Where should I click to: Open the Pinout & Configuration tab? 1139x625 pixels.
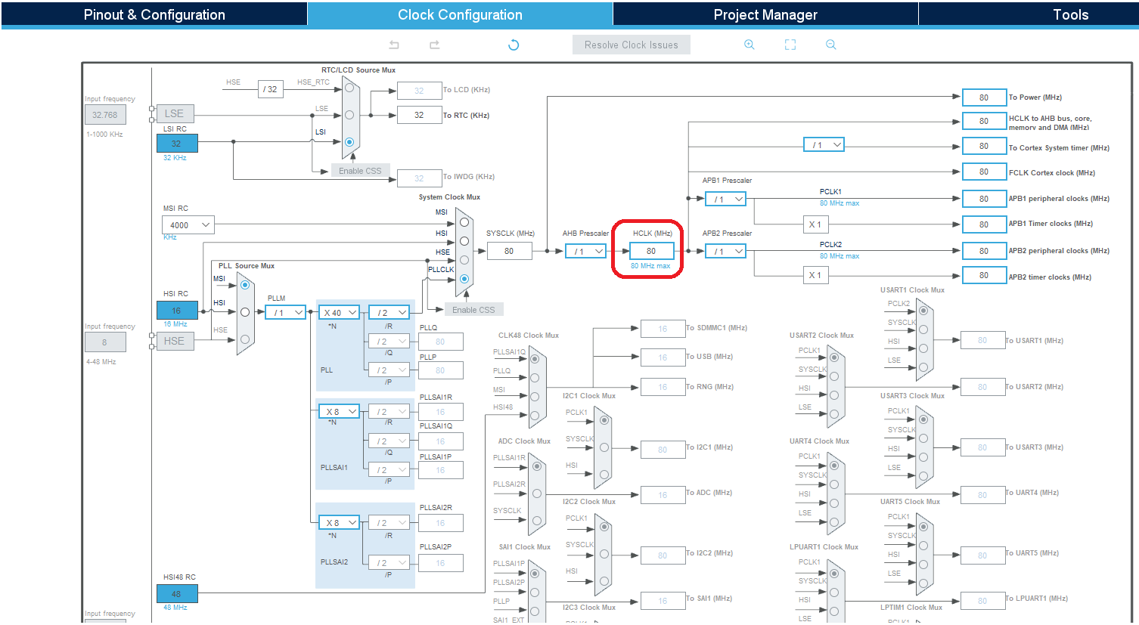154,14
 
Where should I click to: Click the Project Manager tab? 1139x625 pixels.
765,14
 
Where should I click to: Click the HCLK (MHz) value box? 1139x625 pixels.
651,251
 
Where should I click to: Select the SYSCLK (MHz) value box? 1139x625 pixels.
509,251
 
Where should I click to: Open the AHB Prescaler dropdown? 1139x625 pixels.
586,251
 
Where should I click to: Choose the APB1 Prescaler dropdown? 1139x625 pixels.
725,199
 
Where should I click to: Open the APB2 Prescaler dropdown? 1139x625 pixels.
725,251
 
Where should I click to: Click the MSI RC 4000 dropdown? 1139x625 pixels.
188,224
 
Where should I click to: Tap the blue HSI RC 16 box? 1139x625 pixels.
177,311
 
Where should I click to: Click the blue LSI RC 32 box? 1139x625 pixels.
177,144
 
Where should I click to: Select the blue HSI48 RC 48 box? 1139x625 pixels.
177,594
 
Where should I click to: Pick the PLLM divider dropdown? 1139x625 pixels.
285,312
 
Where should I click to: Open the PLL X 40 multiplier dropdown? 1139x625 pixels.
338,312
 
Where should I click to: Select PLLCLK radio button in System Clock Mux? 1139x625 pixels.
464,279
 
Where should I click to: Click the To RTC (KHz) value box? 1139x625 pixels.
419,115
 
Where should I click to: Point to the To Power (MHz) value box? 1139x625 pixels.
984,97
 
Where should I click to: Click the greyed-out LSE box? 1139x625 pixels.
175,113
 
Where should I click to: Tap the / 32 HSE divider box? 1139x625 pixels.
270,89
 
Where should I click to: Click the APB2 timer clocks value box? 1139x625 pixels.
984,276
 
